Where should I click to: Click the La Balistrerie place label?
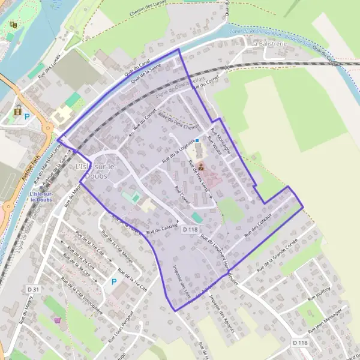[x=271, y=44]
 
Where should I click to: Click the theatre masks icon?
[x=13, y=25]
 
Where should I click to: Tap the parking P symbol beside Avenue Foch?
[x=27, y=116]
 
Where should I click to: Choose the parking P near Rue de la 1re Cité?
[x=114, y=281]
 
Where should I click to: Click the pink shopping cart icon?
[x=58, y=320]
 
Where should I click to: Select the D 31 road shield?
[x=33, y=290]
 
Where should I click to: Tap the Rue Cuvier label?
[x=182, y=197]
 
